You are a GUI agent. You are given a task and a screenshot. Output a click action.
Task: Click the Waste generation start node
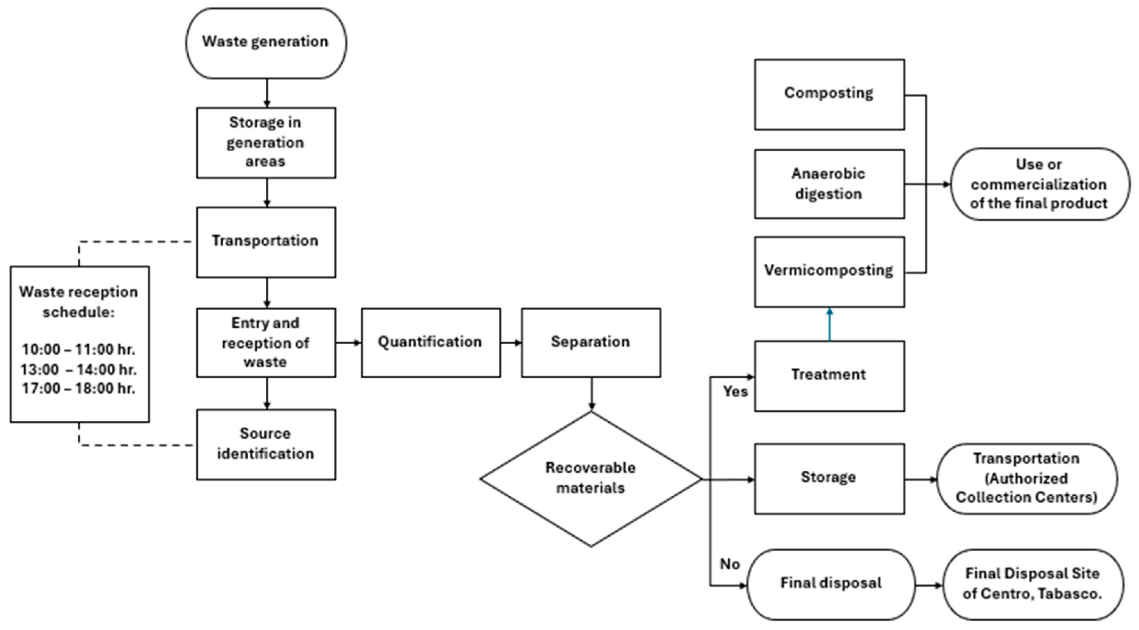[266, 43]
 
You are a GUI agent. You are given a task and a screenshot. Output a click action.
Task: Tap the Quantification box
[431, 343]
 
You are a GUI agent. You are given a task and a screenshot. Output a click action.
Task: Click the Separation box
[591, 343]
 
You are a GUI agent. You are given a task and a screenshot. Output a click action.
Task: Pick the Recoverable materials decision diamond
[591, 479]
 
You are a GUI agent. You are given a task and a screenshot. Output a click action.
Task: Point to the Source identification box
[266, 445]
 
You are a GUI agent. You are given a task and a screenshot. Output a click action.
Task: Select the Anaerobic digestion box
[830, 184]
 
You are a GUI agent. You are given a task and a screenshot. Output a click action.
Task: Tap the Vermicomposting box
[830, 272]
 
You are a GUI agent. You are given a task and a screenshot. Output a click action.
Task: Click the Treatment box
[830, 376]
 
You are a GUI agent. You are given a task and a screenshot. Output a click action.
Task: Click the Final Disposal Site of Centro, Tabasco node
[1033, 585]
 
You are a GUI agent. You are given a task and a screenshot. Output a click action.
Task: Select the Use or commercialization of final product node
[1040, 184]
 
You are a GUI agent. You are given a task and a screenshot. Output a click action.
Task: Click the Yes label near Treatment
[735, 392]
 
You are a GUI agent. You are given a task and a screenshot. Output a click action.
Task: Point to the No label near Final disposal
[729, 564]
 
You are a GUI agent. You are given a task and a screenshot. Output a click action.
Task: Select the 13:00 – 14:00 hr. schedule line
[79, 369]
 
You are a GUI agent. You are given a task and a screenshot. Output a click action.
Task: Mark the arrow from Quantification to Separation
[511, 343]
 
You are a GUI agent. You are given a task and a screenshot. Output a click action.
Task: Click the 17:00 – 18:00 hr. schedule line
[79, 388]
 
